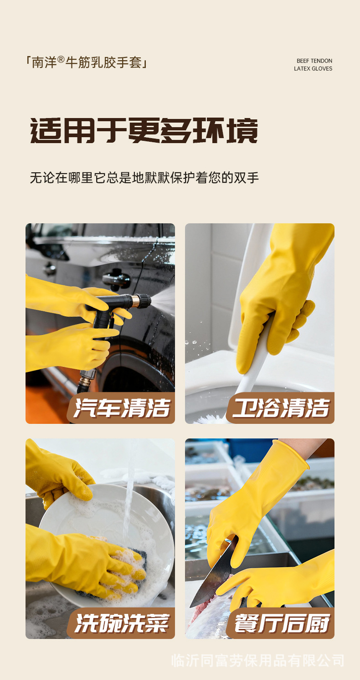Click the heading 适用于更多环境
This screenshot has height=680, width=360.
(x=144, y=131)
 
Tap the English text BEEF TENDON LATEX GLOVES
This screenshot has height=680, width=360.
(x=313, y=65)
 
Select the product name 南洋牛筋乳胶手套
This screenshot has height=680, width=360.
(x=87, y=62)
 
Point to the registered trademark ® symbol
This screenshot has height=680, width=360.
(x=61, y=59)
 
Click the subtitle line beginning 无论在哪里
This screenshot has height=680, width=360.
(x=144, y=177)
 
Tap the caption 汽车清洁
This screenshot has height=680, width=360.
(x=122, y=408)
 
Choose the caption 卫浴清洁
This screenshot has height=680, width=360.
(x=281, y=408)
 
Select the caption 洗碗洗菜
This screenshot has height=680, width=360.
(x=122, y=623)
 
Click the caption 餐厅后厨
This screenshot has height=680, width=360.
(x=282, y=623)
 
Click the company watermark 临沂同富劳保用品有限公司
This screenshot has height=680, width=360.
(x=258, y=660)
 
